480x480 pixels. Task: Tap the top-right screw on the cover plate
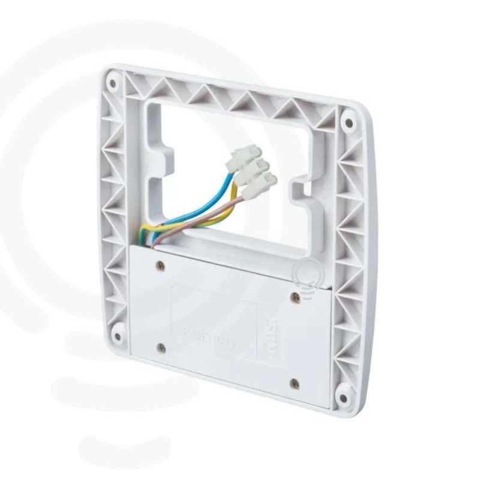pyautogui.click(x=295, y=296)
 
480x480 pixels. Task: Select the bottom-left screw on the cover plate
pyautogui.click(x=161, y=347)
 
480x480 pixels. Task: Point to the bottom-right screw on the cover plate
pyautogui.click(x=295, y=383)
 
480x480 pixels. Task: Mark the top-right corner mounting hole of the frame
pyautogui.click(x=348, y=123)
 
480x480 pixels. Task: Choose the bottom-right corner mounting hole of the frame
pyautogui.click(x=341, y=398)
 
